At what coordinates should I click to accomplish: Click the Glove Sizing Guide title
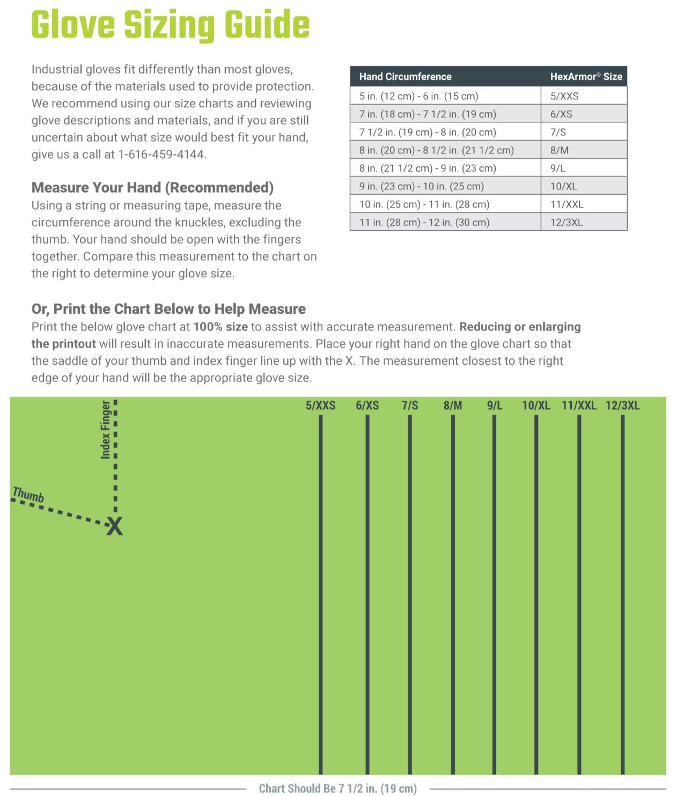[x=170, y=25]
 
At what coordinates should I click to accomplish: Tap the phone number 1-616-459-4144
[x=162, y=154]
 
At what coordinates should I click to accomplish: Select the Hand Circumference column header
[x=405, y=77]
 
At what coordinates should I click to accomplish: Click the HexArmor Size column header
[x=586, y=77]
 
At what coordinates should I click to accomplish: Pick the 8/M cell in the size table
[x=560, y=150]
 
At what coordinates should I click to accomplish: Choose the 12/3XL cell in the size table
[x=566, y=222]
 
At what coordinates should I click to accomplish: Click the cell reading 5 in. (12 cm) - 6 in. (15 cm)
[x=418, y=97]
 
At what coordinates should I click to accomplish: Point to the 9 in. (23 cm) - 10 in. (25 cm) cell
[x=421, y=186]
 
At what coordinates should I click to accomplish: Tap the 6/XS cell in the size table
[x=561, y=114]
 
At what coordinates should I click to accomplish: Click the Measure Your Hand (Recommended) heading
[x=152, y=188]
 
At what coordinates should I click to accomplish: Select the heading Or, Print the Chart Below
[x=168, y=309]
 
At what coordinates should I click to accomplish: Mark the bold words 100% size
[x=220, y=327]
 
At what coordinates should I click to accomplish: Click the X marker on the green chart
[x=114, y=527]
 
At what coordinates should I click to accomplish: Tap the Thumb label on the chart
[x=28, y=495]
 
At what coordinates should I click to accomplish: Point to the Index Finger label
[x=106, y=430]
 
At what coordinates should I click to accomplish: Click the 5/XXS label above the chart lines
[x=320, y=406]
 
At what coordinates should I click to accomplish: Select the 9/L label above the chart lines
[x=494, y=406]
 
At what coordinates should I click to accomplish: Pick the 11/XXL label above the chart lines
[x=579, y=406]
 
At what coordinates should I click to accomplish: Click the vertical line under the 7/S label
[x=410, y=590]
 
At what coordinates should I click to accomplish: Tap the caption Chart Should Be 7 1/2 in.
[x=337, y=788]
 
